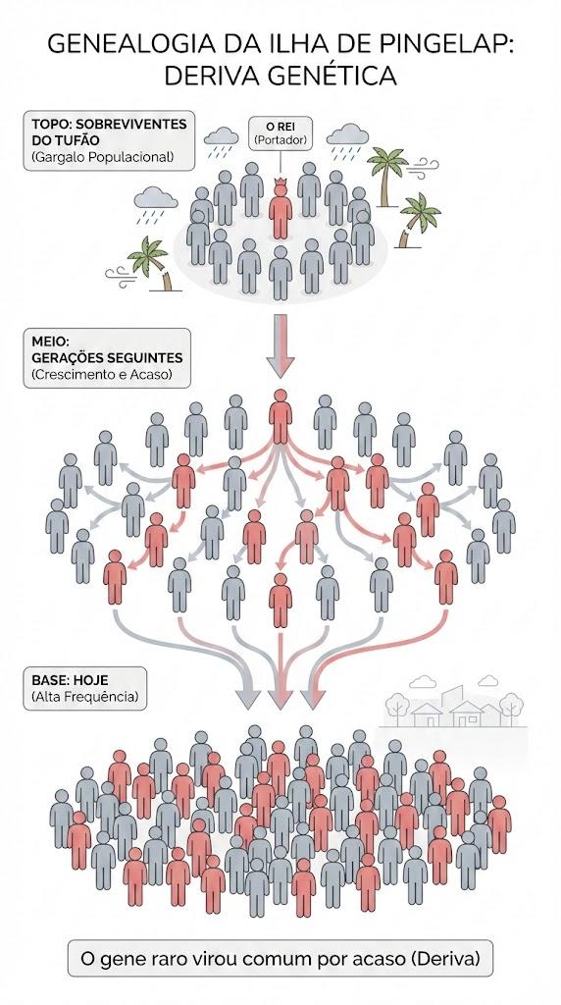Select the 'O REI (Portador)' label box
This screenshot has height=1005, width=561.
point(280,132)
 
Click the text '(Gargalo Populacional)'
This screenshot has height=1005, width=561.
point(102,156)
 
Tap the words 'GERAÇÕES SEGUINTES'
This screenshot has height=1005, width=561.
point(107,357)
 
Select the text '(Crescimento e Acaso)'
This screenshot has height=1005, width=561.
point(102,374)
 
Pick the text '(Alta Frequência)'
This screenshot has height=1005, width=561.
point(84,696)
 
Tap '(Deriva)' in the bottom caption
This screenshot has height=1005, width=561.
point(445,959)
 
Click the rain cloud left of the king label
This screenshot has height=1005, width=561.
point(221,142)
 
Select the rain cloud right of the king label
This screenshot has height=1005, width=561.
point(347,141)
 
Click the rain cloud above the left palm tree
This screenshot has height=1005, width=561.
point(156,204)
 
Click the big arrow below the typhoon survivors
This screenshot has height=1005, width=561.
point(280,345)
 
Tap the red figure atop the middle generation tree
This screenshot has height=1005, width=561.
point(280,416)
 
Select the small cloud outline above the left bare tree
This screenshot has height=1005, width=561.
point(422,682)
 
